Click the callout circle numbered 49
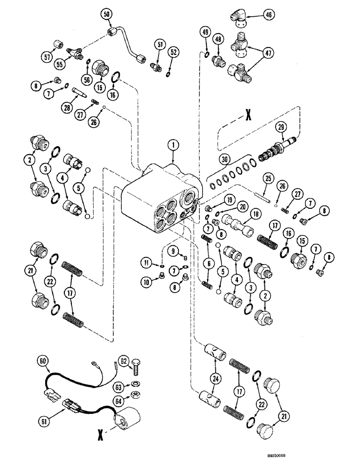pos(206,32)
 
